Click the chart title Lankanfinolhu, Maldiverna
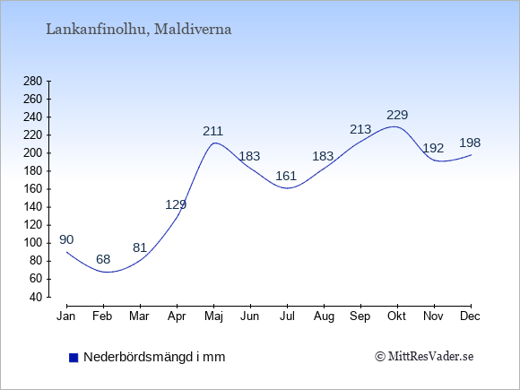(x=139, y=30)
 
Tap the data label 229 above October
(x=397, y=115)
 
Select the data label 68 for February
(x=103, y=259)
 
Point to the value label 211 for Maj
(x=212, y=131)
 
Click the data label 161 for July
(x=286, y=176)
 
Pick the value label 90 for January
(x=66, y=239)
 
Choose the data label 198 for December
(x=470, y=143)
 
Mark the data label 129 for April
(x=176, y=204)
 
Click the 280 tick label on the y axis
(x=33, y=82)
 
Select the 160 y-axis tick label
(x=33, y=189)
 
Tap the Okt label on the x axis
(x=396, y=316)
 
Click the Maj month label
(x=213, y=316)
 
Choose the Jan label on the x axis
(x=66, y=316)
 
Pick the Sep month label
(x=360, y=316)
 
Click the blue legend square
(x=74, y=358)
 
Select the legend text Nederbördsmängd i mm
(x=154, y=357)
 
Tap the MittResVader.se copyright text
(x=424, y=357)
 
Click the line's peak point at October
(x=394, y=126)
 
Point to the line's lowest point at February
(x=107, y=273)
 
